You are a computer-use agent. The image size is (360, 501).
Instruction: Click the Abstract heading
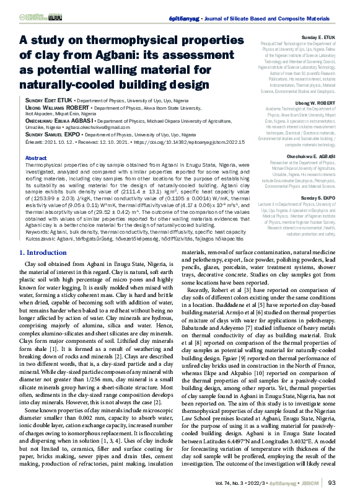point(35,158)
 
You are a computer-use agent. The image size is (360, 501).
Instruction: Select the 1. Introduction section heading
point(48,270)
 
